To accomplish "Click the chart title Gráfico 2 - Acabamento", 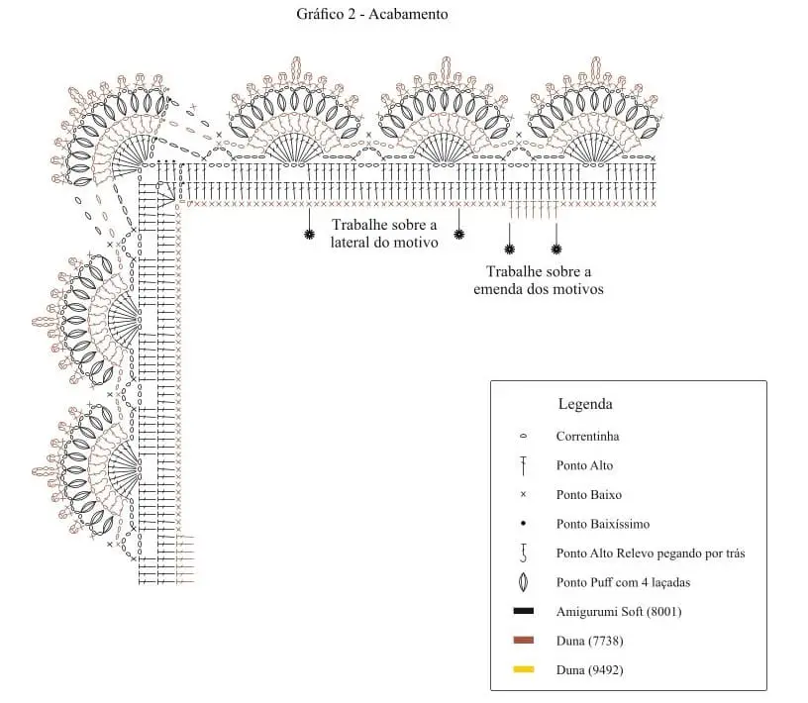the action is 371,14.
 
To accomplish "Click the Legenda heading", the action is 585,404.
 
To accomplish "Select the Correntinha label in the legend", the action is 587,436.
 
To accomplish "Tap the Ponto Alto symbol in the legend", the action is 523,465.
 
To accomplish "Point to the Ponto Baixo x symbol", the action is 523,494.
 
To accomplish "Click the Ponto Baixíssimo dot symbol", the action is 523,524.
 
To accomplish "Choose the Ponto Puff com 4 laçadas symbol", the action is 523,582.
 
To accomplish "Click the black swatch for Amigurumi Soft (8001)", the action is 524,611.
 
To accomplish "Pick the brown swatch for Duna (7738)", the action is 524,640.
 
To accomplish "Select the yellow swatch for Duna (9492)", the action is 524,669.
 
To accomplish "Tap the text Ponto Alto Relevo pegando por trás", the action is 651,553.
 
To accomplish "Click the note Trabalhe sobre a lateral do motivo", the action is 384,234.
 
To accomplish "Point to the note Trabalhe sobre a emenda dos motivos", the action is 539,280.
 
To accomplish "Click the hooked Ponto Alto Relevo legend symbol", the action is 524,553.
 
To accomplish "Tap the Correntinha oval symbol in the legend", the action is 523,436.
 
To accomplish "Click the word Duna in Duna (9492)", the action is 570,670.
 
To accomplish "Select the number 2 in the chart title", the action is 352,14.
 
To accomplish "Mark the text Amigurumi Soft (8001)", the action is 619,612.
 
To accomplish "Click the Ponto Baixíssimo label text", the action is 603,524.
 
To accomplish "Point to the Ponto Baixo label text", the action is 589,495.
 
